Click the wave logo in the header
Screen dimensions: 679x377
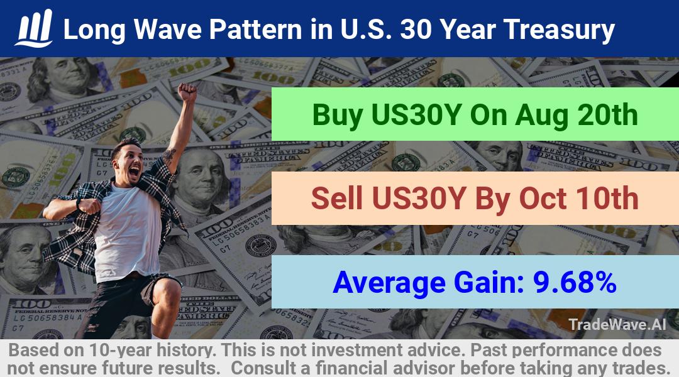tap(34, 28)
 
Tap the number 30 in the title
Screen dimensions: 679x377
tap(417, 30)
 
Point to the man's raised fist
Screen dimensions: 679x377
tap(187, 92)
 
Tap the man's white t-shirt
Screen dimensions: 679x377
tap(128, 232)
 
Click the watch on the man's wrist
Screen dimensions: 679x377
tap(79, 204)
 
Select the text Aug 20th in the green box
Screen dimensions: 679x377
tap(576, 115)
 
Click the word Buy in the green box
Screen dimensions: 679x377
tap(338, 116)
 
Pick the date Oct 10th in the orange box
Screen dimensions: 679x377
tap(578, 199)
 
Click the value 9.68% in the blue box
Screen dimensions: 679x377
tap(575, 282)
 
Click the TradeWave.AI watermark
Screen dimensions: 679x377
tap(617, 324)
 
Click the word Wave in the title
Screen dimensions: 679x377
tap(167, 30)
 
